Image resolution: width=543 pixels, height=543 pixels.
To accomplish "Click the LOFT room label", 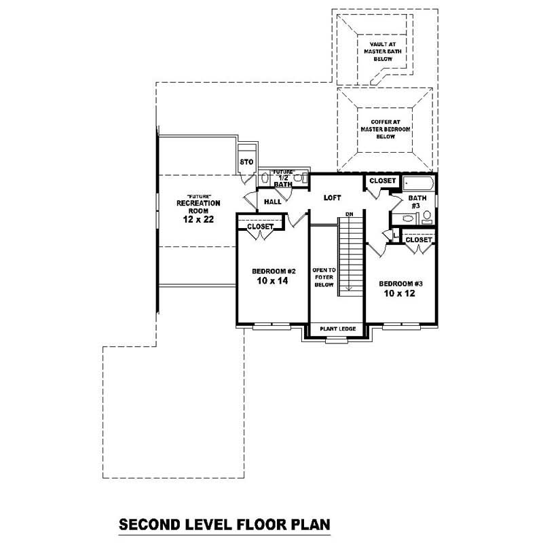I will [x=332, y=198].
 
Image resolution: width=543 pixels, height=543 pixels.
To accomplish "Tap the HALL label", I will [x=273, y=202].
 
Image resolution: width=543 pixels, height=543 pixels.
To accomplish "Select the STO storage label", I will [x=246, y=162].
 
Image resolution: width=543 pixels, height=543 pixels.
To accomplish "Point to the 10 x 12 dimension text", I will [x=399, y=294].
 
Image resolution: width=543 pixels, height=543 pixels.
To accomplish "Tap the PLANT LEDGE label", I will [x=337, y=329].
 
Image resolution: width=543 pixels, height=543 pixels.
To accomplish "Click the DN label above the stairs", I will [x=350, y=215].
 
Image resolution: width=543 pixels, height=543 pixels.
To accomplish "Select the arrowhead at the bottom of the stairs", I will [x=350, y=289].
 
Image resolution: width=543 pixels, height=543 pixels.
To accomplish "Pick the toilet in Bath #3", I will [x=427, y=217].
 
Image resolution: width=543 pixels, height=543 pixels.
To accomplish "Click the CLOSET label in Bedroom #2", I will [x=260, y=227].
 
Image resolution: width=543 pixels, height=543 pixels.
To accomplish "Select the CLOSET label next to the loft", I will [x=383, y=181].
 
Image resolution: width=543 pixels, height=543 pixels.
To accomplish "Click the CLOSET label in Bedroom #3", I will [x=419, y=240].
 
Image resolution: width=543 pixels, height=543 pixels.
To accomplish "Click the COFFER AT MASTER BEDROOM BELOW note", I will [x=385, y=129].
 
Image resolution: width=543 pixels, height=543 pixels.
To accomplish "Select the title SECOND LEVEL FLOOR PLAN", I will [x=224, y=524].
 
